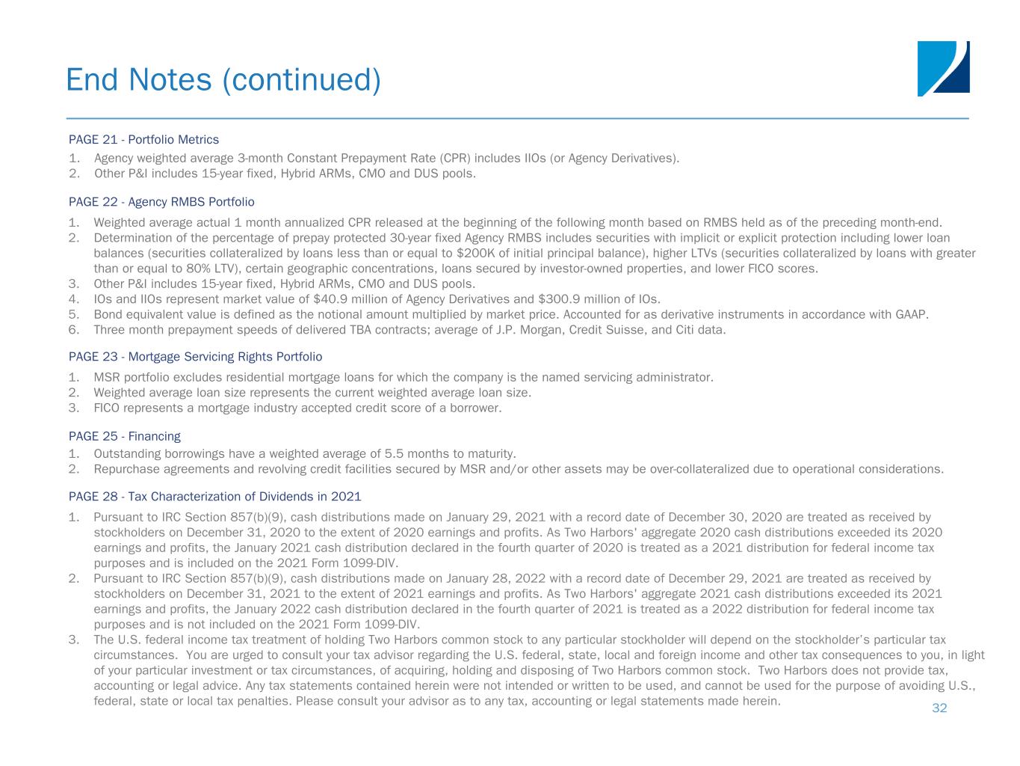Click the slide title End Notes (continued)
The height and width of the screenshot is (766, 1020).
(223, 79)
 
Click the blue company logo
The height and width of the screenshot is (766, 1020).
(943, 68)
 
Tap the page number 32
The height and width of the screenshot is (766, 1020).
(939, 708)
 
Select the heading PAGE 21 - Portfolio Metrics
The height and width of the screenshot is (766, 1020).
(143, 139)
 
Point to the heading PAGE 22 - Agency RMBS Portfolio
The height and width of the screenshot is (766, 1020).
(161, 202)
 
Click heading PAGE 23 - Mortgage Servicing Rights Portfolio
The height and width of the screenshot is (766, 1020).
(195, 357)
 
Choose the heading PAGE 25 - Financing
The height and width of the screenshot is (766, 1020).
(124, 436)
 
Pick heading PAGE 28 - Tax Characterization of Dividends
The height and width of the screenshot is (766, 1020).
(214, 496)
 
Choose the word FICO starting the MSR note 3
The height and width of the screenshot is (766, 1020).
(107, 408)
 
